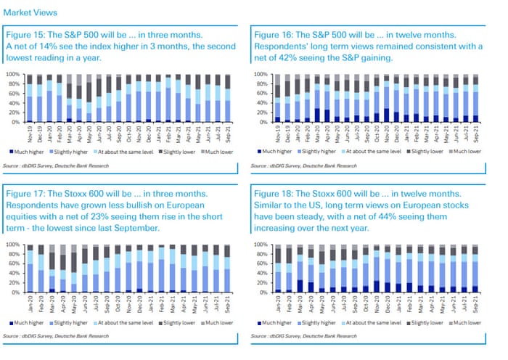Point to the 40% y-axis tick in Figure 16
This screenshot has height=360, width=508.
pos(261,103)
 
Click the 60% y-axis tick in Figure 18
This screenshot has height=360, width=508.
pos(261,263)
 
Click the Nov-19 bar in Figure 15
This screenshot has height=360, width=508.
pos(30,98)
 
